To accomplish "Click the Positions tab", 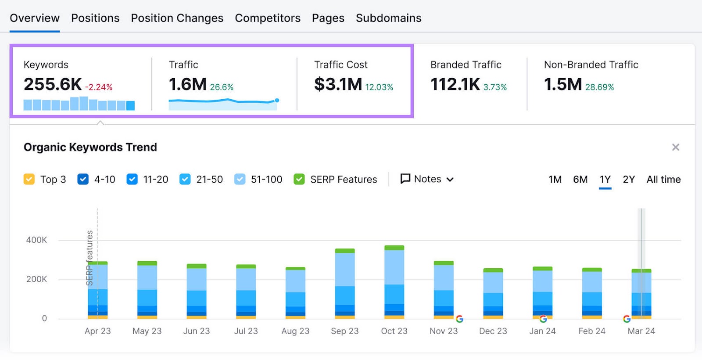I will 95,18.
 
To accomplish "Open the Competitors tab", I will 268,18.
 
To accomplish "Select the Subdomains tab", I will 388,18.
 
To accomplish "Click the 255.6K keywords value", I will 53,84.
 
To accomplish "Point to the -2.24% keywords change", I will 99,87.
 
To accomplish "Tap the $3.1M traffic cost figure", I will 338,84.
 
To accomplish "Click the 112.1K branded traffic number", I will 455,84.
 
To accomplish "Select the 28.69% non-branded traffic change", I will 599,87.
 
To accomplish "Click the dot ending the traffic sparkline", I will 277,101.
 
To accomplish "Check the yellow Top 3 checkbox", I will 29,179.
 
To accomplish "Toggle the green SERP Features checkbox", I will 299,179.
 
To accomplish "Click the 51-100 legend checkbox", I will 240,179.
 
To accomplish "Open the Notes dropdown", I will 427,179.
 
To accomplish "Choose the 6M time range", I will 580,179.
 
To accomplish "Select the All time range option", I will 663,179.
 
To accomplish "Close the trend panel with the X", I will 676,147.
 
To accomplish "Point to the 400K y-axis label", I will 36,240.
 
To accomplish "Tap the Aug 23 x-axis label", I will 295,331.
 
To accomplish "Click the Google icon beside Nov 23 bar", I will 459,319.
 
